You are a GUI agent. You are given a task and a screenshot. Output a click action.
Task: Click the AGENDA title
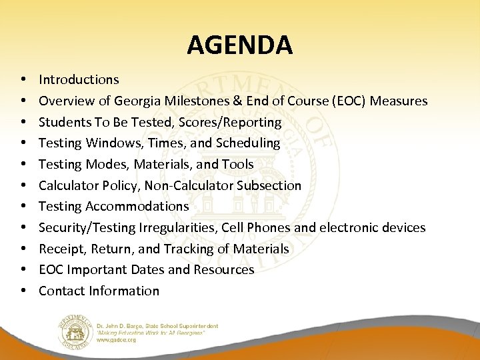pyautogui.click(x=239, y=45)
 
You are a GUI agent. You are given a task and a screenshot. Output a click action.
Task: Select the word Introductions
pyautogui.click(x=79, y=80)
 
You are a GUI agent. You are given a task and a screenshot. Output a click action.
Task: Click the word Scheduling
pyautogui.click(x=247, y=143)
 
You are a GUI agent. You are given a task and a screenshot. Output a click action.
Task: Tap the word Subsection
pyautogui.click(x=267, y=186)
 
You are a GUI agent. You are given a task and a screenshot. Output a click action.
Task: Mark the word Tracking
pyautogui.click(x=178, y=249)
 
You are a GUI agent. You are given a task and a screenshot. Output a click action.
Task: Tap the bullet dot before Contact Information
pyautogui.click(x=23, y=291)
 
